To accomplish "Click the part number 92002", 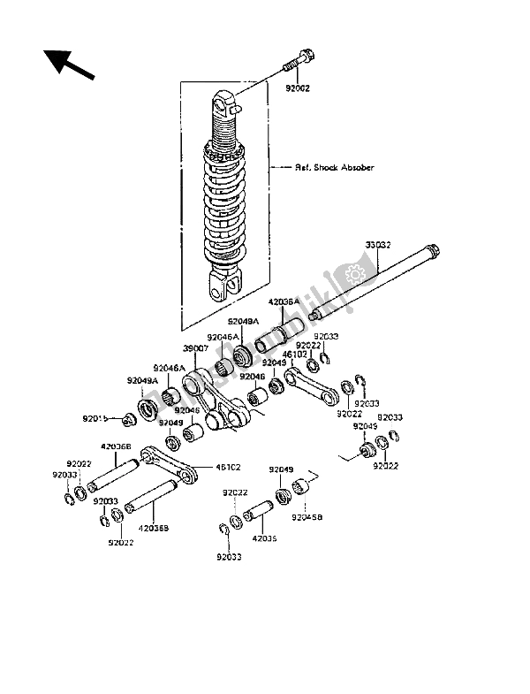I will [298, 88].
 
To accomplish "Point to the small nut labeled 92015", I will [128, 418].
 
